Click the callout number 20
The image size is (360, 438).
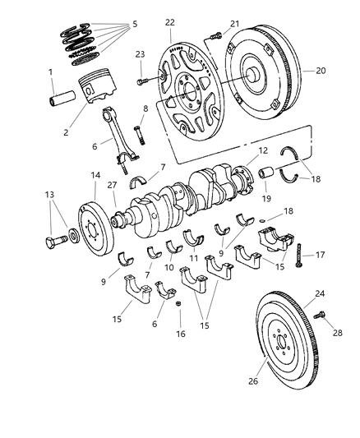click(x=321, y=71)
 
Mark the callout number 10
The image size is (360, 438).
click(x=170, y=267)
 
